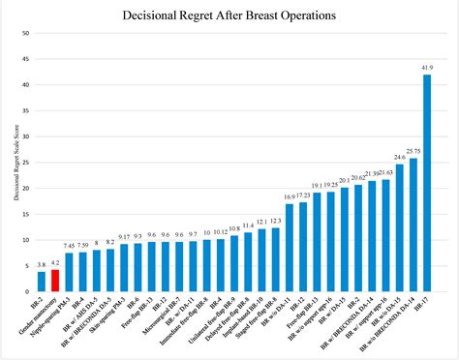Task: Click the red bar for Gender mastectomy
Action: click(x=55, y=281)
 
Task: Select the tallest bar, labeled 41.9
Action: click(x=427, y=183)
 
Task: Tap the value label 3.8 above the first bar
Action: click(x=42, y=263)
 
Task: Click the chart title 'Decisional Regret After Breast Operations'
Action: click(x=229, y=16)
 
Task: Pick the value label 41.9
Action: click(x=427, y=68)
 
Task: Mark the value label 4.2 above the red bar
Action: click(x=55, y=261)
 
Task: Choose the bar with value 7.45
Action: click(x=69, y=272)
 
